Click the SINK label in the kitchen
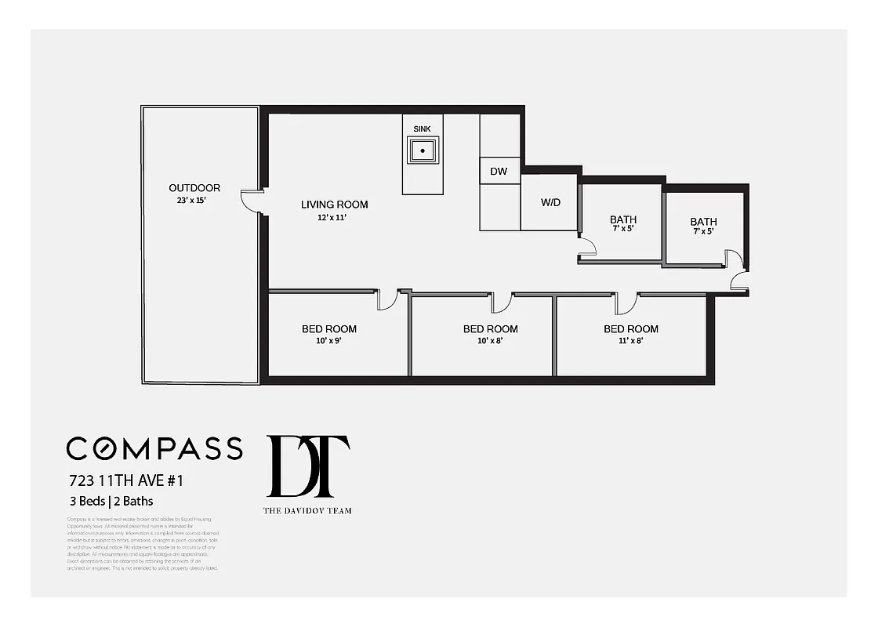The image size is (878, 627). coord(422,129)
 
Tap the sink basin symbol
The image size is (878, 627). coord(423,150)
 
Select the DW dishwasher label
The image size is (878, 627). coord(499,171)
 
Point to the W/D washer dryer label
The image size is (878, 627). coord(550,202)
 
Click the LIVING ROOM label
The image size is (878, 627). coord(334,205)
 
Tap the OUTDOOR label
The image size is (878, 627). coord(194,188)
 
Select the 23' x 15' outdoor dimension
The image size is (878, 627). coord(194,200)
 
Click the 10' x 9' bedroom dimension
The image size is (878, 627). coord(329,342)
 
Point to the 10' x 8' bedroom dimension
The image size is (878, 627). coord(490,342)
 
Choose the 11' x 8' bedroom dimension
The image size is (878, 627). coord(630,342)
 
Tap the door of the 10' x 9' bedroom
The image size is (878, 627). coord(387,300)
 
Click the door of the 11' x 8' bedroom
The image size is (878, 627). coord(627,302)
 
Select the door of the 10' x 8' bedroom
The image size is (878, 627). coord(501,302)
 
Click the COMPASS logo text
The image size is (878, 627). coord(154,448)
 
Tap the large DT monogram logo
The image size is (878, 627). coord(307,466)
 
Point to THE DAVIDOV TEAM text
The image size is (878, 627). coord(307,510)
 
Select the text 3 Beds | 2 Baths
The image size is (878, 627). coord(110,500)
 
